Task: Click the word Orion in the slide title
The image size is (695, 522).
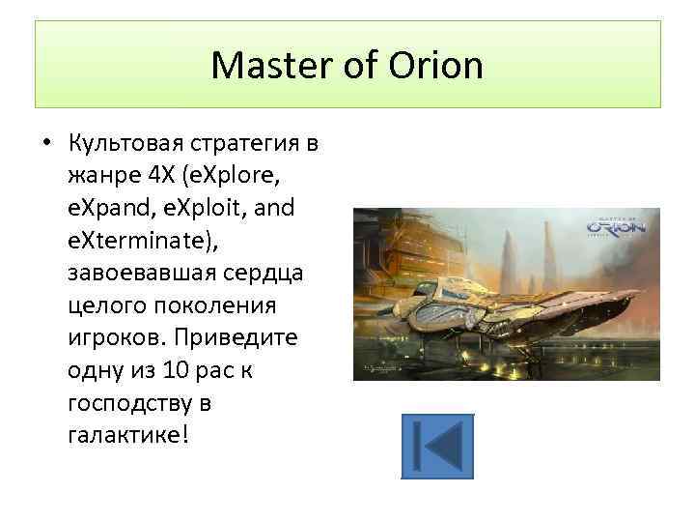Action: (x=434, y=66)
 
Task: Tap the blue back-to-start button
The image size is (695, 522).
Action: (x=436, y=447)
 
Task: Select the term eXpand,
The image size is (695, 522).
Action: (x=108, y=210)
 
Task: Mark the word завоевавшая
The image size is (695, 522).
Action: (x=133, y=274)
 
